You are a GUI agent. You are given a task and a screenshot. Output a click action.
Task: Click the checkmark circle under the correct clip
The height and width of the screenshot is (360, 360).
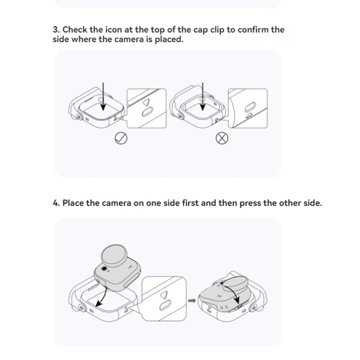point(121,139)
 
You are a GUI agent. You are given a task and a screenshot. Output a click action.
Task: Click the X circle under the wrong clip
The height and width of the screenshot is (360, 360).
point(222,138)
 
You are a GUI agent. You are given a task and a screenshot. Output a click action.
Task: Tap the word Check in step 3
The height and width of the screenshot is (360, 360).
point(75,30)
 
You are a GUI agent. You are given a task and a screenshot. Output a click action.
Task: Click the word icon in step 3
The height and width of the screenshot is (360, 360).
point(114,30)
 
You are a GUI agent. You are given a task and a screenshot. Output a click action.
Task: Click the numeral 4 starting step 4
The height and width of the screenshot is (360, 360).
point(55,203)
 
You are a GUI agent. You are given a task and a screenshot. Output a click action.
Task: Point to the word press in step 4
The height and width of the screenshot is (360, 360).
point(250,203)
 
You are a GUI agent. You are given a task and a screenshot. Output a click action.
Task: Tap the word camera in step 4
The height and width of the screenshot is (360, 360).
point(117,203)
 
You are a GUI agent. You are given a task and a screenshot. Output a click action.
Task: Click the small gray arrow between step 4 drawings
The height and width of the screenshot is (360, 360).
point(192,301)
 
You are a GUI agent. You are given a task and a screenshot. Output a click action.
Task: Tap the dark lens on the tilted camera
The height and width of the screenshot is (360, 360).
point(104,269)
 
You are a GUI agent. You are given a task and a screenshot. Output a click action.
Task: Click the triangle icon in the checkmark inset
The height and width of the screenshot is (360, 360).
point(146,102)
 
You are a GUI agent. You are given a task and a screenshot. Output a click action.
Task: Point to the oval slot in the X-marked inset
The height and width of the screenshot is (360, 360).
point(251,107)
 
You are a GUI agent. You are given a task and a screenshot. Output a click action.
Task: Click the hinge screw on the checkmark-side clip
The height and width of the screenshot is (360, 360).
point(80,117)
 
